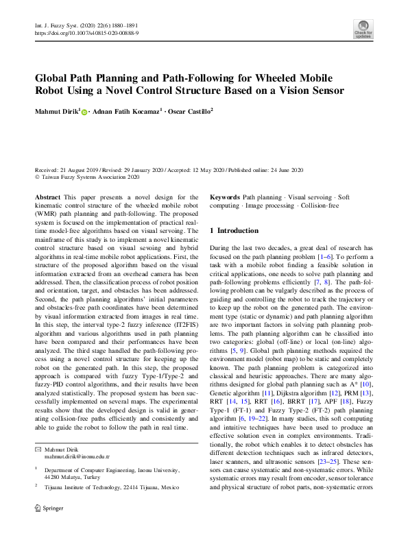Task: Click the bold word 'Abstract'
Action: point(47,196)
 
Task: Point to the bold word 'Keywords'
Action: point(225,196)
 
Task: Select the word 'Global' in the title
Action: point(56,77)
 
